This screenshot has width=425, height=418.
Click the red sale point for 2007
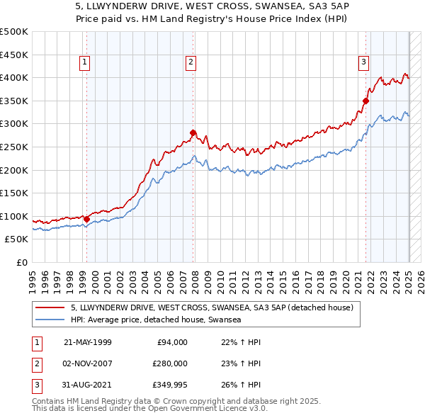[x=193, y=132]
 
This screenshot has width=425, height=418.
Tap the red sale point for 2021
[x=366, y=101]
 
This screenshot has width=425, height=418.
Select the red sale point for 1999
[x=86, y=218]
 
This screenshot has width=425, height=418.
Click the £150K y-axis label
[x=14, y=193]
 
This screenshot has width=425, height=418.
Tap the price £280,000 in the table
[x=169, y=363]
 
